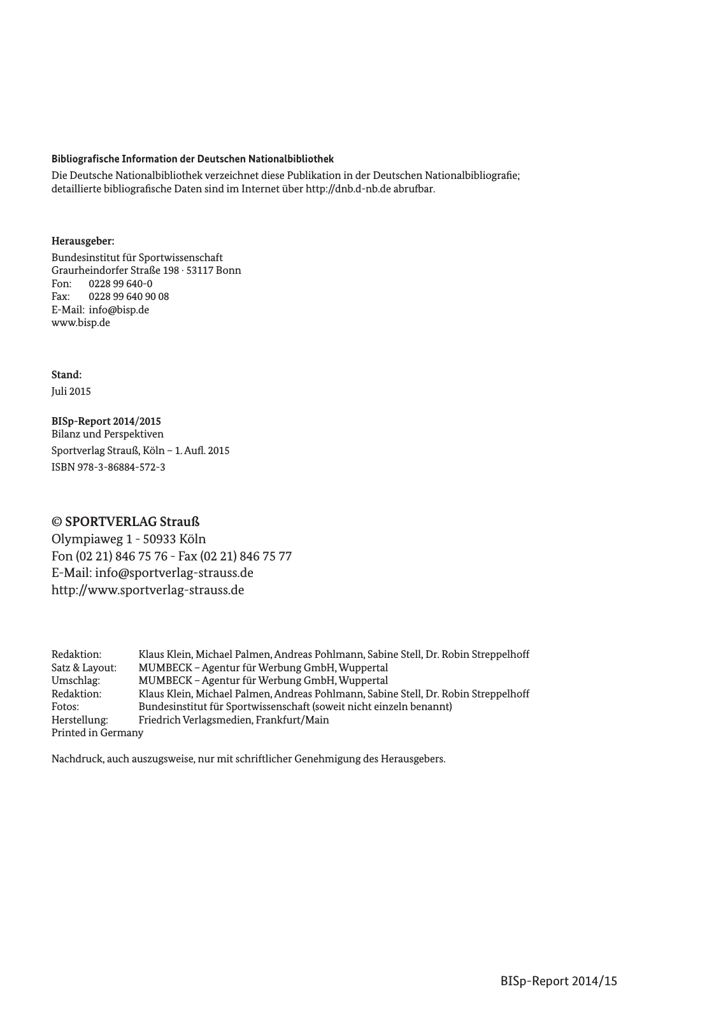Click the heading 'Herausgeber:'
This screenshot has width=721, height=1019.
(83, 241)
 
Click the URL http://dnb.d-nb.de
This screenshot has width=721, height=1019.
(348, 189)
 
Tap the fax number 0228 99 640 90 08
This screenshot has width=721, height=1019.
(129, 297)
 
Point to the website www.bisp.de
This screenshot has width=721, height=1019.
(80, 323)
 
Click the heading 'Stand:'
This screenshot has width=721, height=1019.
(66, 375)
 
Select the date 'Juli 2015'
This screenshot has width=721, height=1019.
(71, 392)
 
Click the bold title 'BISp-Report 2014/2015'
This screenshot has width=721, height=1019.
(106, 422)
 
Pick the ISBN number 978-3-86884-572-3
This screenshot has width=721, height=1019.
(120, 467)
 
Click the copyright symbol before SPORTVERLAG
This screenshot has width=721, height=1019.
(56, 522)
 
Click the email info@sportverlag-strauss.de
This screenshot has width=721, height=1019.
(174, 573)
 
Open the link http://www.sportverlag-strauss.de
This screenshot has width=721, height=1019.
(147, 590)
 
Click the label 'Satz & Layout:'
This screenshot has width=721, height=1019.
(83, 668)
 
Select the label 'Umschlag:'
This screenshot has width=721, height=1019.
(75, 681)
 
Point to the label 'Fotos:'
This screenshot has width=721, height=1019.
(65, 707)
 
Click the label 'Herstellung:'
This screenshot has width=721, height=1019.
(80, 720)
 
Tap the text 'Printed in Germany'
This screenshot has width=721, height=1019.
(97, 733)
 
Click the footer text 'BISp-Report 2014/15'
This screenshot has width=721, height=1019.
(559, 981)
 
